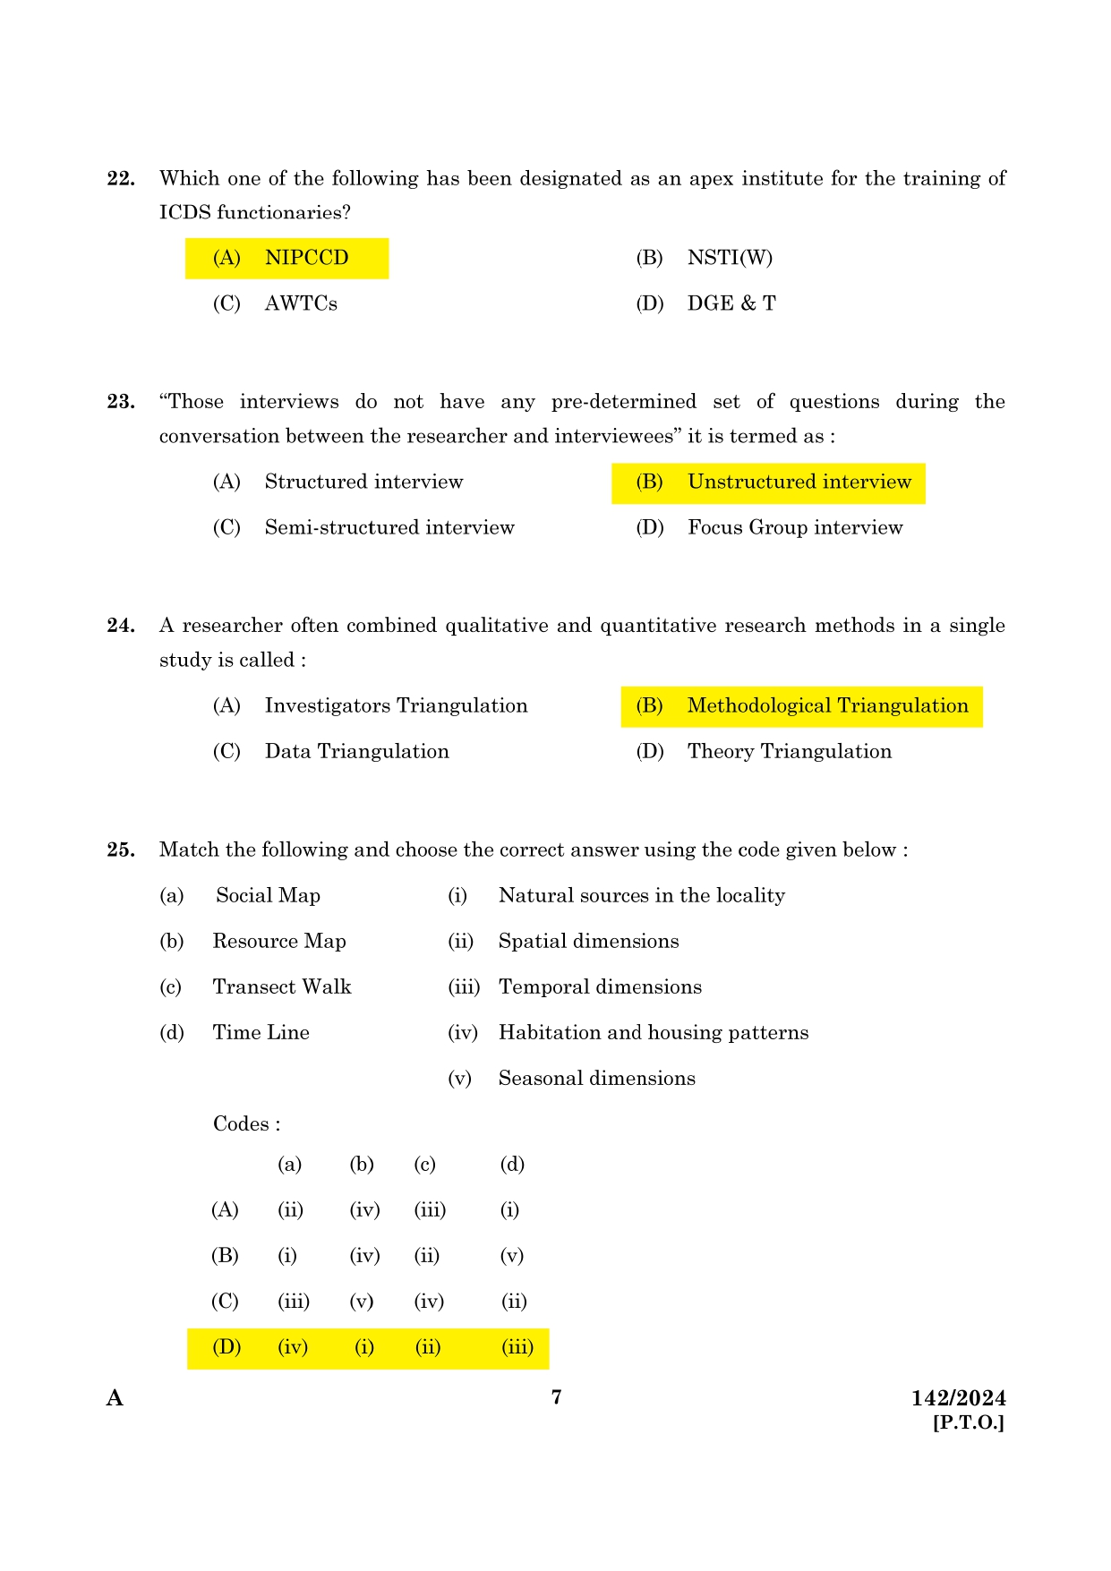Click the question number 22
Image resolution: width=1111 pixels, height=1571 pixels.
121,178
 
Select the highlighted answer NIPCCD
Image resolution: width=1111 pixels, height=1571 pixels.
306,258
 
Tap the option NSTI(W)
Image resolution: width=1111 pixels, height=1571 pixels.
730,258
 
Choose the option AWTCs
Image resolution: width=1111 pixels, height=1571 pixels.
301,303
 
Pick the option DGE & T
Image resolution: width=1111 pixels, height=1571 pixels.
731,303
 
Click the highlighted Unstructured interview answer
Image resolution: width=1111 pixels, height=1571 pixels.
799,482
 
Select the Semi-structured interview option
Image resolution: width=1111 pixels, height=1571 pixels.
389,527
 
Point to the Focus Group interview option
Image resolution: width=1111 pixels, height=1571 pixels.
795,527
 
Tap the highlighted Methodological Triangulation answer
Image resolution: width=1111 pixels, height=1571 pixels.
827,705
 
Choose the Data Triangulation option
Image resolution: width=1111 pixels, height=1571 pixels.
356,751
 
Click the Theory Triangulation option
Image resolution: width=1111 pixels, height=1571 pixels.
789,751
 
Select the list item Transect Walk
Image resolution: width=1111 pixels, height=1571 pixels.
282,986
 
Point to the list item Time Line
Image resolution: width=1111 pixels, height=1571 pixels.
261,1032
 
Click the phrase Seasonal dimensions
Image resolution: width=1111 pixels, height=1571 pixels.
596,1078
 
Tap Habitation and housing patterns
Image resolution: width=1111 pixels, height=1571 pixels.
653,1032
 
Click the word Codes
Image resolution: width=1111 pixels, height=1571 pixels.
242,1123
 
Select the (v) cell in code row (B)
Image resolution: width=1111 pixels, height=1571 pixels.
511,1255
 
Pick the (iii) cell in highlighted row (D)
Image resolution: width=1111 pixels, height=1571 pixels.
517,1346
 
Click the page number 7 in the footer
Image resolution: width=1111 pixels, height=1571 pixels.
556,1396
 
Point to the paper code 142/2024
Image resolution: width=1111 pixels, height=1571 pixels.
958,1398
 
